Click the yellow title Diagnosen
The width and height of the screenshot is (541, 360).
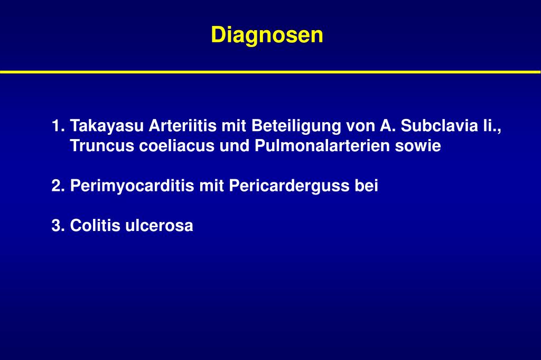[267, 35]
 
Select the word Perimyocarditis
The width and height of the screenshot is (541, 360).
[132, 186]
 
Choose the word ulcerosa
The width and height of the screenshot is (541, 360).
[159, 226]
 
